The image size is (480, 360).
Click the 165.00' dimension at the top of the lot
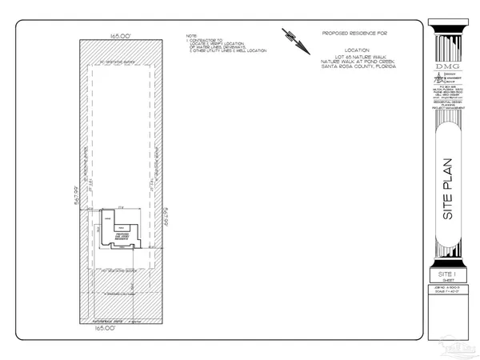122,34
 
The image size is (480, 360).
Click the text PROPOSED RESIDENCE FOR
354,34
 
